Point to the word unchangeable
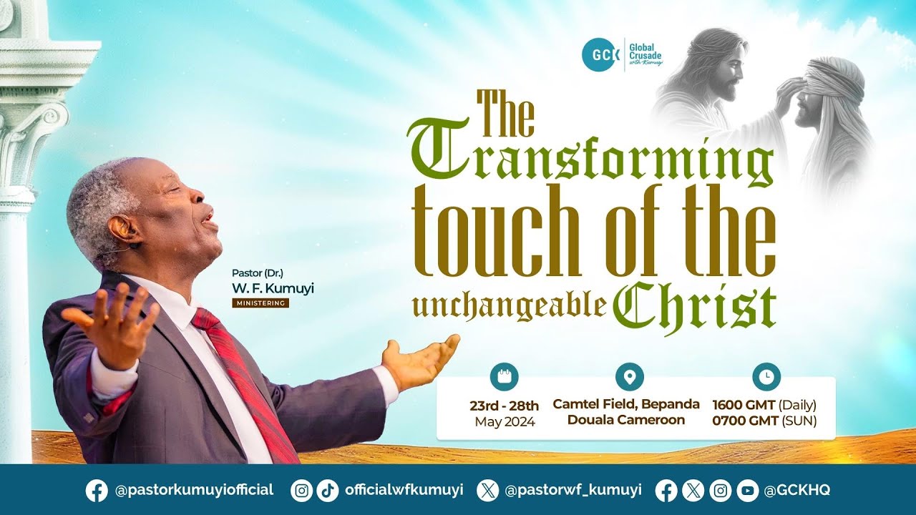510,305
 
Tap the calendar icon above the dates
504,376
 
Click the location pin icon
629,376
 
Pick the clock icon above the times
766,376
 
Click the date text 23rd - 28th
504,406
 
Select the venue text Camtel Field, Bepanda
626,404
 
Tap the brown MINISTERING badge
260,303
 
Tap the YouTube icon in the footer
748,490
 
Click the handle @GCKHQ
797,490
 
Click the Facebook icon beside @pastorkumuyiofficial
97,490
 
